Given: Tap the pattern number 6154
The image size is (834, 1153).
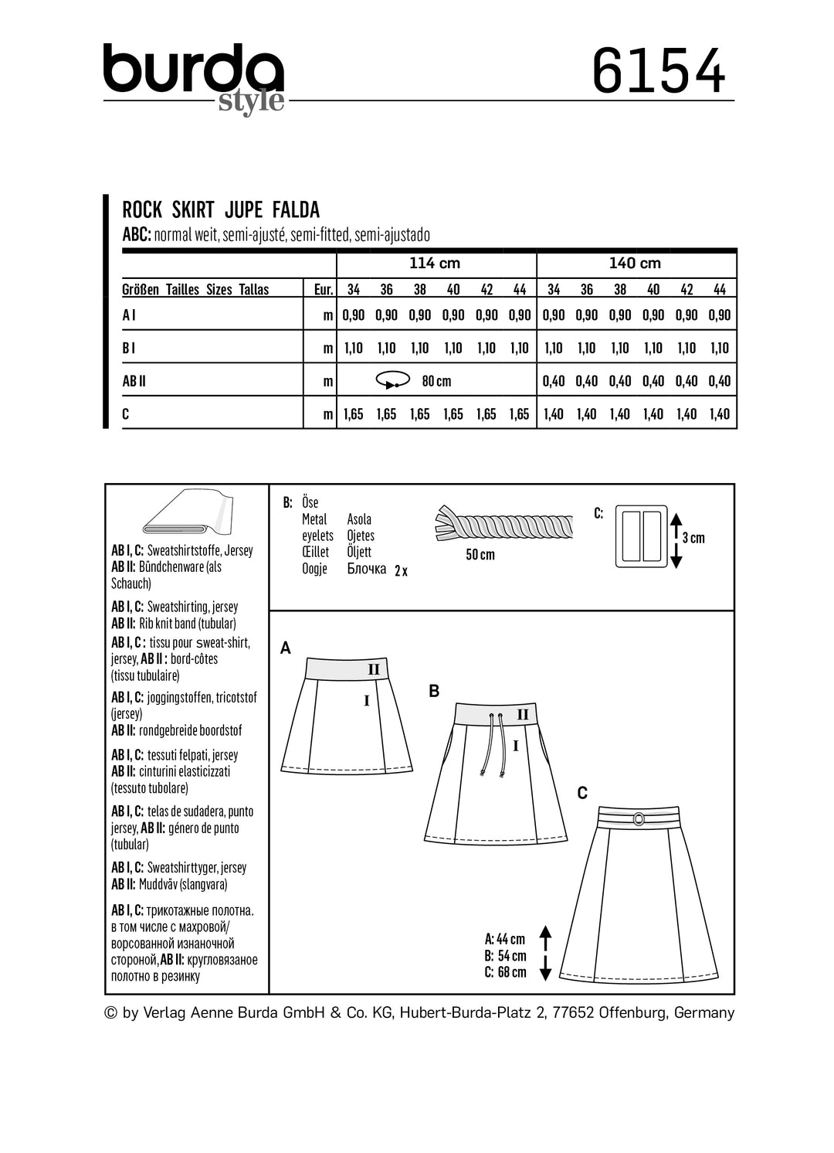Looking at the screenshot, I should pyautogui.click(x=658, y=71).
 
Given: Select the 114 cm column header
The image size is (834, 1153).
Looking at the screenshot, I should pyautogui.click(x=435, y=264).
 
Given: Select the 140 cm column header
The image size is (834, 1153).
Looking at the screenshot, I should pyautogui.click(x=635, y=264).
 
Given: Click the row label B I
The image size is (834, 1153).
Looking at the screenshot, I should pyautogui.click(x=129, y=349).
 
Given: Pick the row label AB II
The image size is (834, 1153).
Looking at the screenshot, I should pyautogui.click(x=134, y=381).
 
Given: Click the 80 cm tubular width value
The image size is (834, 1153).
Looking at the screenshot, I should pyautogui.click(x=436, y=381).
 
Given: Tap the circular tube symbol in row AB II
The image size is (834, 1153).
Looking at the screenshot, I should pyautogui.click(x=392, y=380).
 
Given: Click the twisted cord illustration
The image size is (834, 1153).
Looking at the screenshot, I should pyautogui.click(x=503, y=525).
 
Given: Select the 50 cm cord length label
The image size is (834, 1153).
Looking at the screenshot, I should pyautogui.click(x=480, y=555).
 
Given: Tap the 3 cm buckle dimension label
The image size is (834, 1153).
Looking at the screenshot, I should pyautogui.click(x=693, y=538).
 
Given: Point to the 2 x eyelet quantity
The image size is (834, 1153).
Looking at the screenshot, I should pyautogui.click(x=401, y=571).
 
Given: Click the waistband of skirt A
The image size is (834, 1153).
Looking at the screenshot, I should pyautogui.click(x=344, y=668).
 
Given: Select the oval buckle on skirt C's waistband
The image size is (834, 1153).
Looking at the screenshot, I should pyautogui.click(x=639, y=818).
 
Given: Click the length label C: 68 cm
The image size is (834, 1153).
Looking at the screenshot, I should pyautogui.click(x=505, y=972).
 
